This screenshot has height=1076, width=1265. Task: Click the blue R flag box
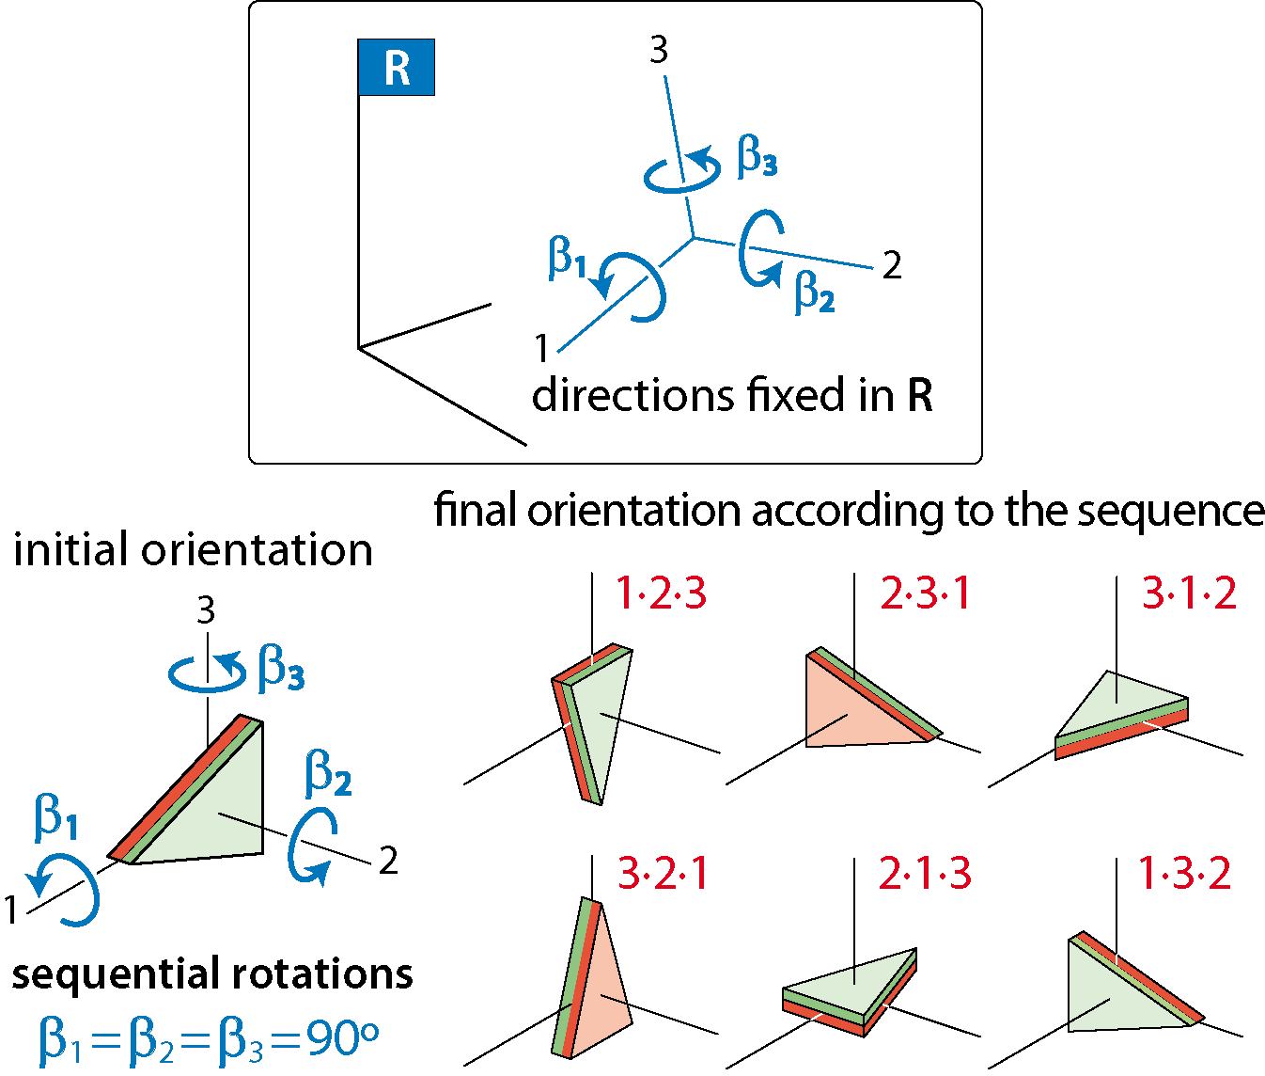[x=396, y=68]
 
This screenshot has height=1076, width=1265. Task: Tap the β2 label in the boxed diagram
[x=815, y=293]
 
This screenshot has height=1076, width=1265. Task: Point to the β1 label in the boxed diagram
[x=567, y=258]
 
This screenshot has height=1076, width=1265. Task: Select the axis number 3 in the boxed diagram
[x=659, y=50]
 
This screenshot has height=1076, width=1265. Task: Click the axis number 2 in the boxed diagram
[x=892, y=266]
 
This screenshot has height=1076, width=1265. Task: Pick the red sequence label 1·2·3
[x=662, y=593]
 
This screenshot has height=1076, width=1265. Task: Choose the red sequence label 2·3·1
[x=925, y=593]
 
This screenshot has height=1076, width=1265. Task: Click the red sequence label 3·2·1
[x=663, y=874]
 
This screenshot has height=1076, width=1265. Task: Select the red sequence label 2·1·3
[x=925, y=874]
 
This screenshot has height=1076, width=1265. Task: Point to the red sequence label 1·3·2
[x=1185, y=873]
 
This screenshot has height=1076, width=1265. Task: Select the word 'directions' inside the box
[x=632, y=395]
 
